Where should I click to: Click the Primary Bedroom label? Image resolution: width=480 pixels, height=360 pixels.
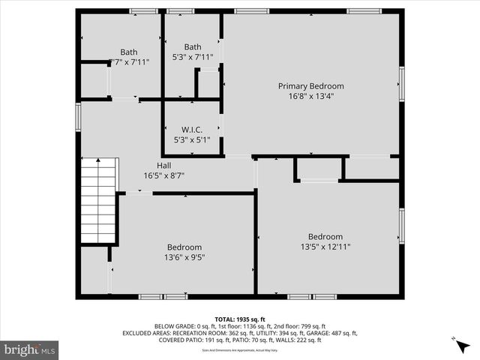[310, 86]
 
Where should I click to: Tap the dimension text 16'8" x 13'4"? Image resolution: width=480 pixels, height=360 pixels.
[310, 96]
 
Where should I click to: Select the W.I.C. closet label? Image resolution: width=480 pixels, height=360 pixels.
[192, 130]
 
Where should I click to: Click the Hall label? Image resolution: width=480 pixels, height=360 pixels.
[163, 166]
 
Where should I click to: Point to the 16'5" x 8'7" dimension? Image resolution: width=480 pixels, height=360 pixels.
[163, 175]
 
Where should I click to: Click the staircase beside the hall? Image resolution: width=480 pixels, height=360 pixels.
[99, 200]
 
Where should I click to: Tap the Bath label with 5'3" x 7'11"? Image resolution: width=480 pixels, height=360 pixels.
[193, 46]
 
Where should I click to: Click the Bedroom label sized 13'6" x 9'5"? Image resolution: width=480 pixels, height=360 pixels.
[184, 247]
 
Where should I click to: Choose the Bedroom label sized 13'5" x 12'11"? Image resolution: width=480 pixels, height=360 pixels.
[325, 237]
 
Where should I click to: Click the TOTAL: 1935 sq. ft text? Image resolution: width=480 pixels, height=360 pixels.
[240, 319]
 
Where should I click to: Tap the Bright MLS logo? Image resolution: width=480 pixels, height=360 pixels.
[30, 349]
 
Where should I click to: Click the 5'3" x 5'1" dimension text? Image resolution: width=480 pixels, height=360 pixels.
[192, 139]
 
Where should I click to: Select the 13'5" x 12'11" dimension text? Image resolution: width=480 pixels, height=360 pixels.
[325, 247]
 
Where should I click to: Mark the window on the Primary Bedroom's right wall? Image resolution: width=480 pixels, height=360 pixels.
[401, 83]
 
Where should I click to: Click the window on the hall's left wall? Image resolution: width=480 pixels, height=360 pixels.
[78, 118]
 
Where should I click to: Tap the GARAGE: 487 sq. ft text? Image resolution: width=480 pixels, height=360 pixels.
[331, 333]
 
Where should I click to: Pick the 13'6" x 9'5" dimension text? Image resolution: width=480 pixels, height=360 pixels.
[184, 257]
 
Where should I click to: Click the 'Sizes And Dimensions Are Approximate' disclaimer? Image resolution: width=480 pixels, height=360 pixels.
[240, 349]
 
